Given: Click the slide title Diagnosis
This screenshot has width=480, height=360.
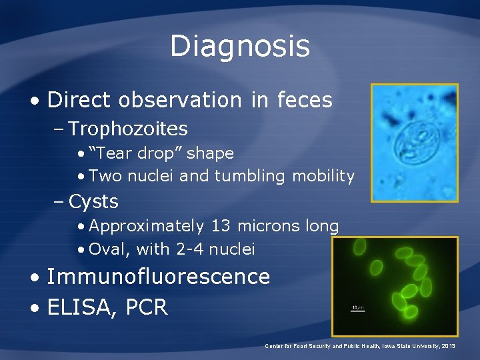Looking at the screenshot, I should pyautogui.click(x=240, y=46).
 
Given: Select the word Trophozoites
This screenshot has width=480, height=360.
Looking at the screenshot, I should pyautogui.click(x=128, y=129).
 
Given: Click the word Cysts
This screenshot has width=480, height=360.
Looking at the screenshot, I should pyautogui.click(x=93, y=201).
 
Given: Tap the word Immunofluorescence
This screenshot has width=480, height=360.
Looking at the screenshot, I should pyautogui.click(x=158, y=276).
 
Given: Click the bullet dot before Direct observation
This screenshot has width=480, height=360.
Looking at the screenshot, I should pyautogui.click(x=33, y=101).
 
